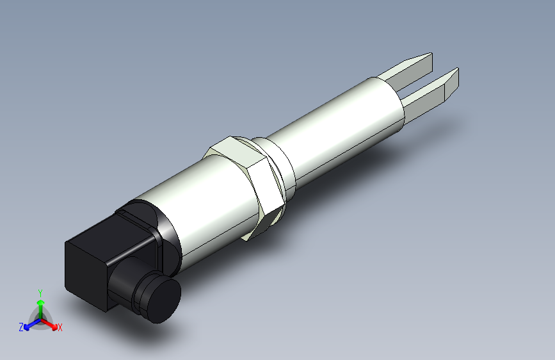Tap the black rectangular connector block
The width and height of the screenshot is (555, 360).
(x=90, y=266)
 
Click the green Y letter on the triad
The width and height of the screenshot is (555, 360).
(x=40, y=292)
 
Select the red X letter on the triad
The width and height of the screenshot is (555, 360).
(x=60, y=327)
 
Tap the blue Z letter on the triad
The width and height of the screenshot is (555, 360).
(x=20, y=327)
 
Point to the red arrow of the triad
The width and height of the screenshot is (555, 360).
(x=51, y=323)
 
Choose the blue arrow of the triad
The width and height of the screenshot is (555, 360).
(x=29, y=323)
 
